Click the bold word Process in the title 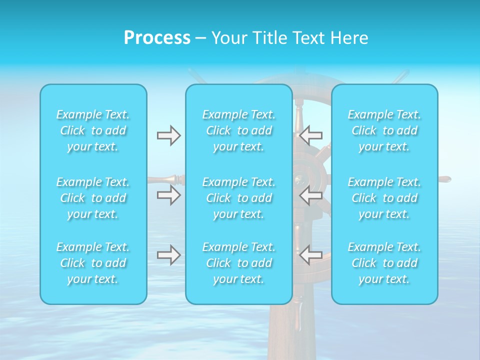[157, 38]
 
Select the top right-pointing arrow [169, 135]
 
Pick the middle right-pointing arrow [169, 195]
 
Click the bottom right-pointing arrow [169, 255]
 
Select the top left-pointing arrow [311, 135]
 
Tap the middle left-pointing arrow [311, 195]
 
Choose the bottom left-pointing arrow [311, 255]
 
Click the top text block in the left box [93, 130]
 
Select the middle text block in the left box [93, 198]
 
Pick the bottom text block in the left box [93, 263]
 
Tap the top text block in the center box [239, 130]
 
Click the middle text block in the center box [239, 198]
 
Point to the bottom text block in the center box [239, 263]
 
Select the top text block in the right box [384, 130]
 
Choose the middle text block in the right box [384, 198]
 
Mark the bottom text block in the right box [384, 263]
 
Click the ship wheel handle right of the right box [444, 179]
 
